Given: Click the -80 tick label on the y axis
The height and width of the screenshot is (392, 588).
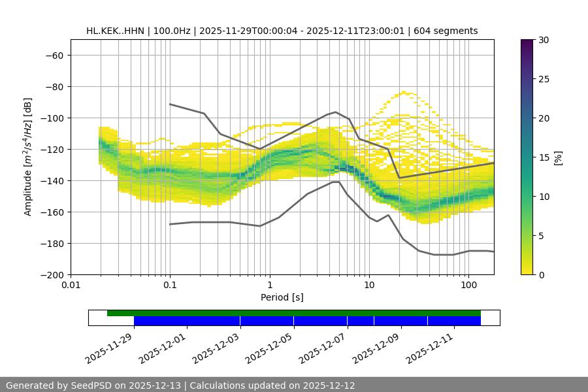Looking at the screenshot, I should (x=53, y=87).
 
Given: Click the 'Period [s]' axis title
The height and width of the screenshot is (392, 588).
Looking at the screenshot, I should (x=282, y=298).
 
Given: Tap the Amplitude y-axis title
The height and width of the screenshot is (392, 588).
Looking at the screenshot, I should (x=28, y=157).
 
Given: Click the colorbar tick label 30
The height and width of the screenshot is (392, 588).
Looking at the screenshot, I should (x=543, y=40).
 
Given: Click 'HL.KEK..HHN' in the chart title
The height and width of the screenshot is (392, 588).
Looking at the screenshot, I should (x=115, y=31).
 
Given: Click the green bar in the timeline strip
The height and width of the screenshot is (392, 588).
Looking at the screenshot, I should (x=294, y=313).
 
